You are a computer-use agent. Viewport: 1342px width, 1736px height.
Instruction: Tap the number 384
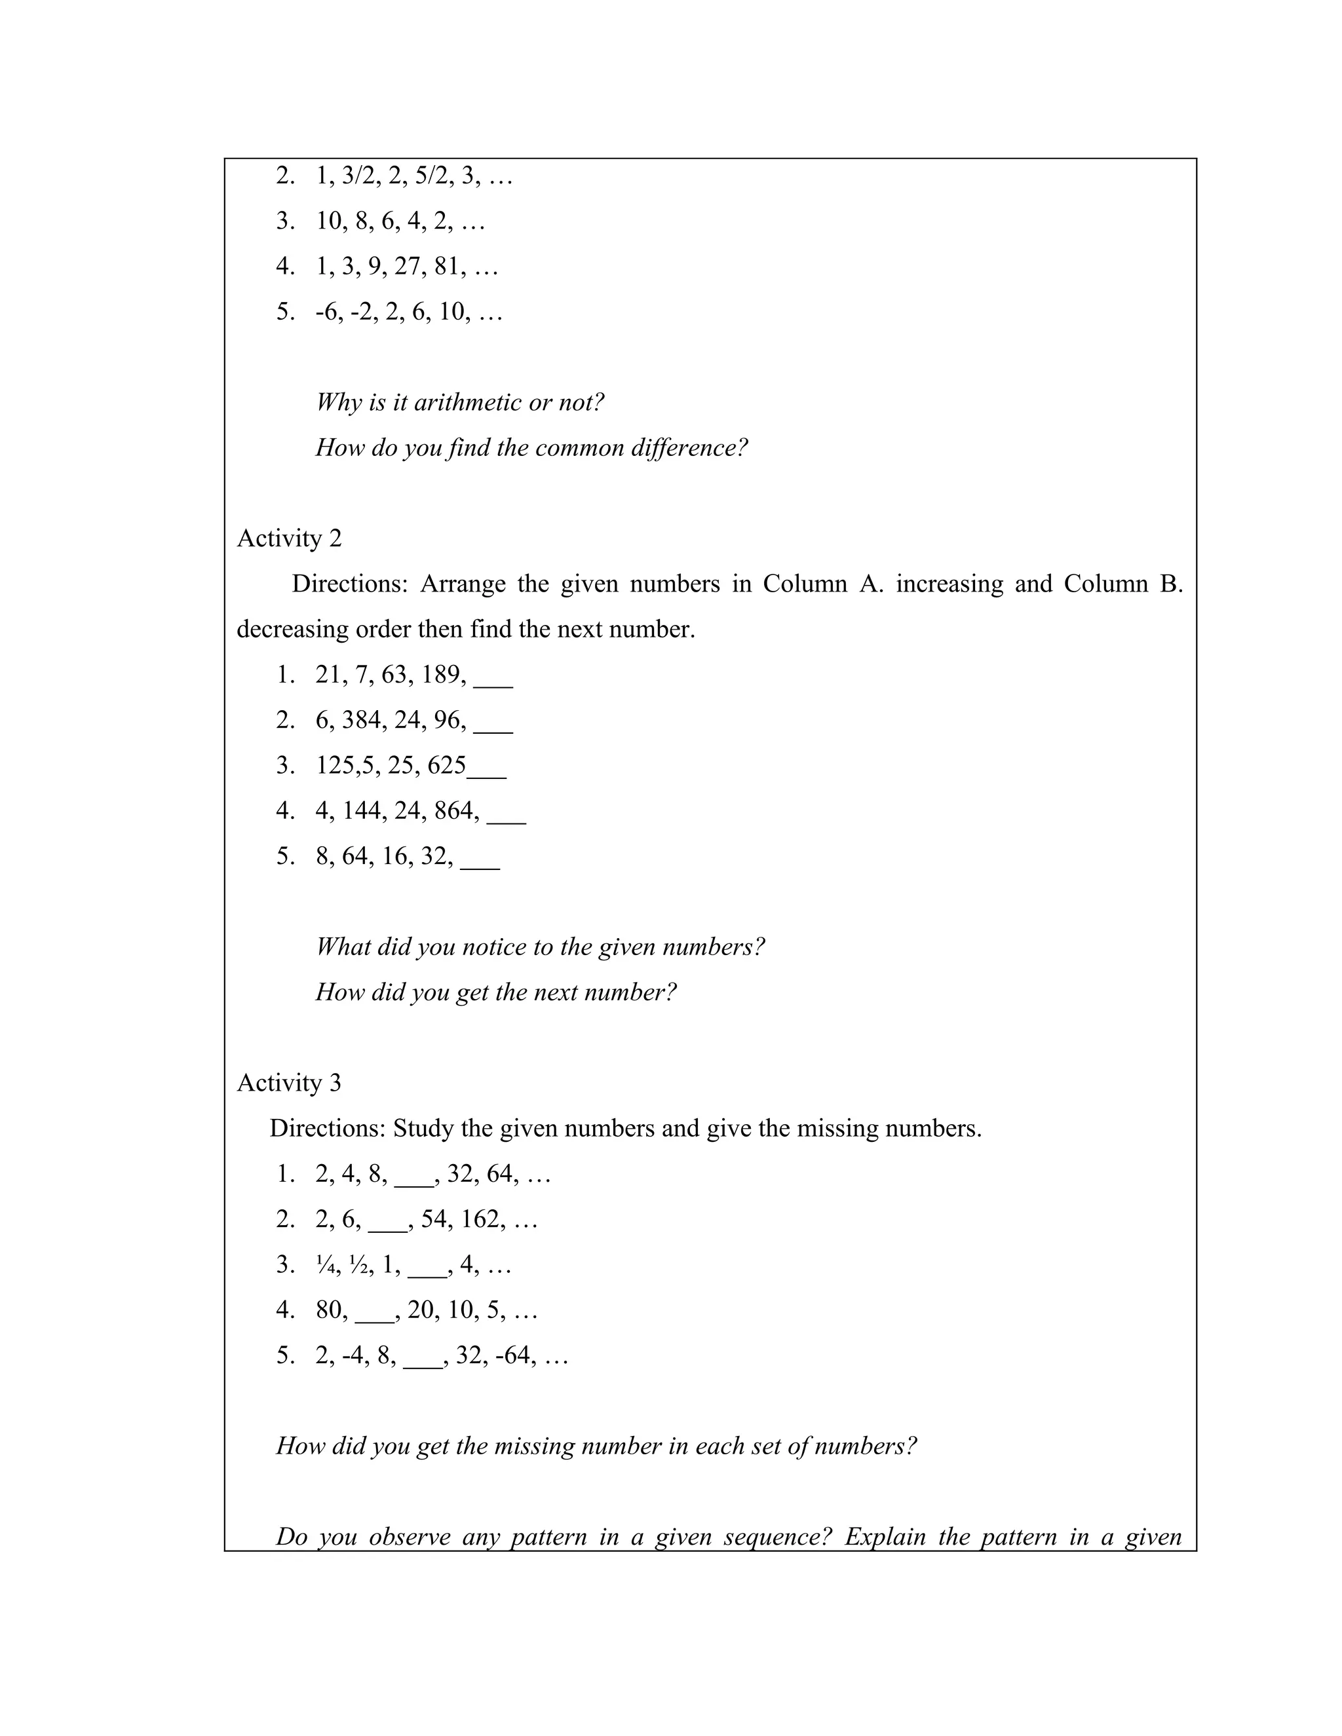364,720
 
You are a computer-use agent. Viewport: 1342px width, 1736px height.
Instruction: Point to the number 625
446,765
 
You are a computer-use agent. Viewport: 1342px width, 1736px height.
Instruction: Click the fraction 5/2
433,176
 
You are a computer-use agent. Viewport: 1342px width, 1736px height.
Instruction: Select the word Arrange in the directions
463,584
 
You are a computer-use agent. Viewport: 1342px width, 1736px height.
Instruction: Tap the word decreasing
292,630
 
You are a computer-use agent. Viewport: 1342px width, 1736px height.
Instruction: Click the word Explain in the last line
884,1536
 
